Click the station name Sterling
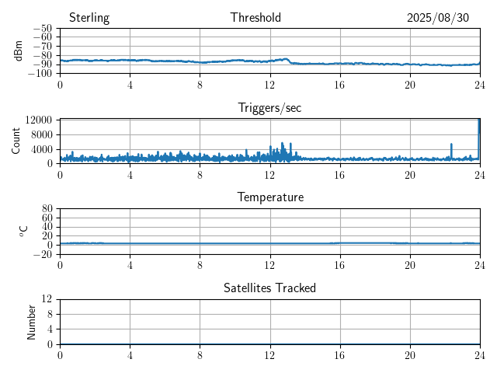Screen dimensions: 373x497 point(89,18)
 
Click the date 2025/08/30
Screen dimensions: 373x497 point(438,18)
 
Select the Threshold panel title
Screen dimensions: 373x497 point(255,18)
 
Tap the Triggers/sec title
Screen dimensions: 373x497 point(269,108)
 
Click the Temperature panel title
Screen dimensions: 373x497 point(269,197)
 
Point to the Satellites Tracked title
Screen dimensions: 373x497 point(269,288)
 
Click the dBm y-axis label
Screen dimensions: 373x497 point(19,51)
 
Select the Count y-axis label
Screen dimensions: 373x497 point(16,141)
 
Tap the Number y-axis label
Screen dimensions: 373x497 point(32,322)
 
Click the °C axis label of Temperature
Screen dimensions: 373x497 point(23,231)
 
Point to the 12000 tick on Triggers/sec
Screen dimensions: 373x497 point(38,120)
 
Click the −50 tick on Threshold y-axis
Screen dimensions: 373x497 point(43,29)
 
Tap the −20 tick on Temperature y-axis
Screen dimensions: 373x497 point(43,254)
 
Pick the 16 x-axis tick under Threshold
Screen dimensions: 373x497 point(340,85)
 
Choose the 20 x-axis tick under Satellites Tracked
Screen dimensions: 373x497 point(410,355)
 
